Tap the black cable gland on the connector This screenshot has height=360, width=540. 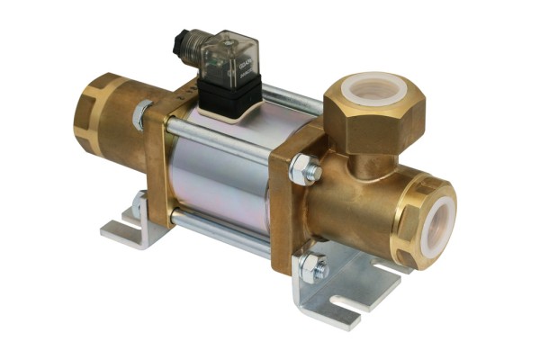184,42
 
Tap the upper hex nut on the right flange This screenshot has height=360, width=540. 303,169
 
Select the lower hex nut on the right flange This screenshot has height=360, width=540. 313,265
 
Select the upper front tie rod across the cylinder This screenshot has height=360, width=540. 225,143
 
